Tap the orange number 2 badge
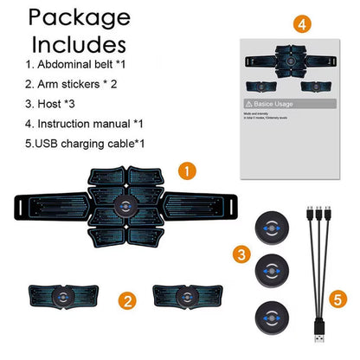pos(127,302)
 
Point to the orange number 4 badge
pos(302,25)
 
